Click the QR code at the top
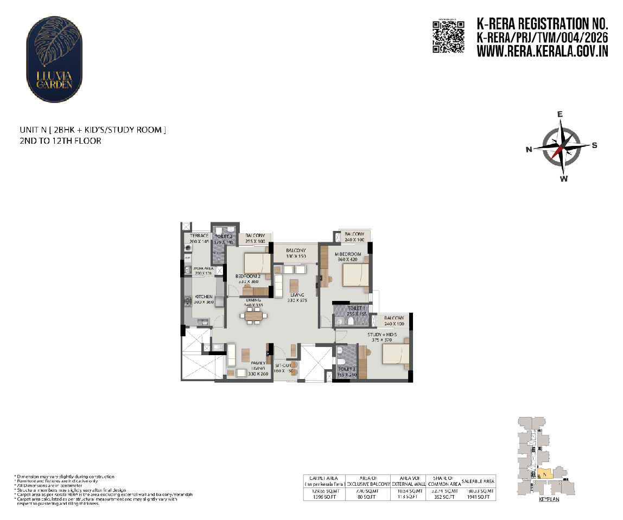point(448,36)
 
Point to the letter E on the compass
point(561,114)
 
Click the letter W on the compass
point(564,179)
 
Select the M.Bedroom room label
point(347,254)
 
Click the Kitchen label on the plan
point(204,297)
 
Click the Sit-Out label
point(284,365)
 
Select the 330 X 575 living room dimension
point(297,300)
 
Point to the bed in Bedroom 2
point(257,264)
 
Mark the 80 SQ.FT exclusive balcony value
point(368,497)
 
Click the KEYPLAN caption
point(549,499)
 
